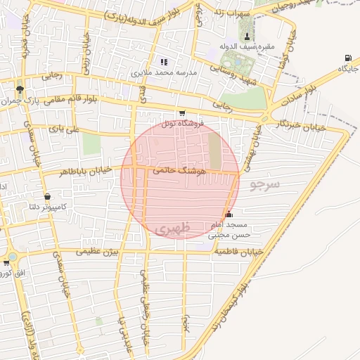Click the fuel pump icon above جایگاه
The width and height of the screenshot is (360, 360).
348,58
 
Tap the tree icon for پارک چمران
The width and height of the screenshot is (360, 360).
19,89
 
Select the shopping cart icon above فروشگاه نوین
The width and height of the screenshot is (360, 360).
182,113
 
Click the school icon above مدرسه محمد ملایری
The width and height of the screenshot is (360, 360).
165,62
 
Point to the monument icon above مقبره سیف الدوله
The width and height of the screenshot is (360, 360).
246,37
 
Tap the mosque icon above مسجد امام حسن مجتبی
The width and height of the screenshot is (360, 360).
229,214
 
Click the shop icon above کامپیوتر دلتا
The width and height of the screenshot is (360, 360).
47,197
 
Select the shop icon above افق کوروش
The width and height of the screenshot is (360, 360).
7,262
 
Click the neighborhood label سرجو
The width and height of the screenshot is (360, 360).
264,184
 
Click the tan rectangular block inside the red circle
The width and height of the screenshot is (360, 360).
214,151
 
